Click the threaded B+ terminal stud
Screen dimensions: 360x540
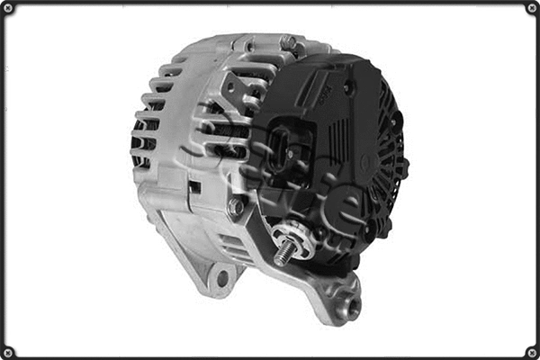pyautogui.click(x=284, y=253)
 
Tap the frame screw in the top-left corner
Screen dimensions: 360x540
pyautogui.click(x=8, y=8)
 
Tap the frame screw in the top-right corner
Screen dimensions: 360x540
pyautogui.click(x=531, y=8)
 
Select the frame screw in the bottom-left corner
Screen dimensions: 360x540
pyautogui.click(x=8, y=351)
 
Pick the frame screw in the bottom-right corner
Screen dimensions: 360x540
pyautogui.click(x=531, y=351)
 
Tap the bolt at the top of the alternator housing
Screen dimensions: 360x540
pyautogui.click(x=287, y=42)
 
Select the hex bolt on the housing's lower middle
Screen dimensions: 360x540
pyautogui.click(x=236, y=207)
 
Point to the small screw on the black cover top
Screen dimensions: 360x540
pyautogui.click(x=347, y=88)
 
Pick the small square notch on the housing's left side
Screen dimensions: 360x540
pyautogui.click(x=194, y=186)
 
